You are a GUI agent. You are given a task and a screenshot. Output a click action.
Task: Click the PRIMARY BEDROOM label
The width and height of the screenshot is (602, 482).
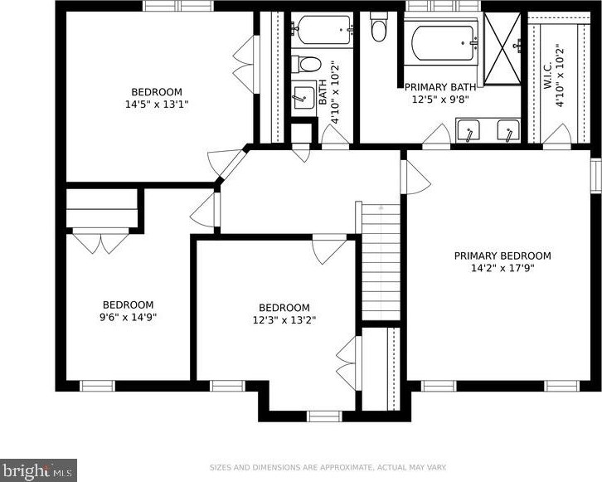coord(502,256)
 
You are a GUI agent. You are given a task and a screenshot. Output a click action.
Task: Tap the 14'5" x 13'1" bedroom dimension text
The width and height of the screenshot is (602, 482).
coord(157,104)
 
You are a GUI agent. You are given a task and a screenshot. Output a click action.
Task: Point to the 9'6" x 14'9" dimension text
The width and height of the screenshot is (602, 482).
coord(129,317)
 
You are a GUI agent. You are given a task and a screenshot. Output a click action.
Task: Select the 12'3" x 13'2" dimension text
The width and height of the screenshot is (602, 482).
coord(284,320)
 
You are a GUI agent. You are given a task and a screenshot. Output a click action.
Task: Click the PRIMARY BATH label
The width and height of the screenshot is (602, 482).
coord(440,87)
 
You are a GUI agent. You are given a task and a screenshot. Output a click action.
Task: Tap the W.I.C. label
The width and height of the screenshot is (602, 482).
coord(548,75)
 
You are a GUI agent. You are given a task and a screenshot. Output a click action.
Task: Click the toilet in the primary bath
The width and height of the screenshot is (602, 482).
coord(379,27)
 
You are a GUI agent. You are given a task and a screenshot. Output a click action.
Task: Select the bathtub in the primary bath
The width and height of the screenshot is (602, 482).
coord(443,43)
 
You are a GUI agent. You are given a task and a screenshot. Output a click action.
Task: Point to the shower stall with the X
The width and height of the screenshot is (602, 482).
coord(502,48)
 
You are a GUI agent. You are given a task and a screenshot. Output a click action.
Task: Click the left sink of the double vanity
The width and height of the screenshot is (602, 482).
coord(468,130)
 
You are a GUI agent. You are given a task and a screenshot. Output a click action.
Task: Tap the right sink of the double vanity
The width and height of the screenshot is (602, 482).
coord(508,130)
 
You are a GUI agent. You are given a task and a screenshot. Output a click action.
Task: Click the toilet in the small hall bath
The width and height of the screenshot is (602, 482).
coord(306,64)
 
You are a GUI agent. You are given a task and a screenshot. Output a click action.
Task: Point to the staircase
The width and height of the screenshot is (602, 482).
coord(381,261)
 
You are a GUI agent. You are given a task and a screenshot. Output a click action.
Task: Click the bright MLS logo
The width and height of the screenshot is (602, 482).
coord(38,470)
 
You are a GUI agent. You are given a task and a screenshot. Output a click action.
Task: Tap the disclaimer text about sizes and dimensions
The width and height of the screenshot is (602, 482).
coord(328,467)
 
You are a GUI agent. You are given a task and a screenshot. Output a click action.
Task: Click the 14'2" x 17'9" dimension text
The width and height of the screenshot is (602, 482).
coord(503,268)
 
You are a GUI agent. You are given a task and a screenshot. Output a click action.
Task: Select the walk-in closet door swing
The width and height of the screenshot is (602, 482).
coord(556,134)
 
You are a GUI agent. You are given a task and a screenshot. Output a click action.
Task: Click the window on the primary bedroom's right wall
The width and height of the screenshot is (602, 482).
coord(595,176)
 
